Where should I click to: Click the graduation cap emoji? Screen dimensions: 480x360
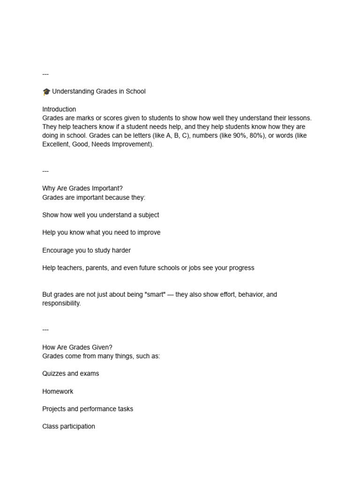(x=46, y=91)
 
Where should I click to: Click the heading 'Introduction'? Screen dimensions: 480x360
(x=59, y=109)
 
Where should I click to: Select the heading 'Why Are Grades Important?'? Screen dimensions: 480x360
(x=82, y=188)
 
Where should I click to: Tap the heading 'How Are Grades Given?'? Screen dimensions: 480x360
(x=77, y=347)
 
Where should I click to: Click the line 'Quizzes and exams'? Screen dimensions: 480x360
(x=71, y=374)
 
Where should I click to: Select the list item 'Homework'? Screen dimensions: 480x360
(x=58, y=391)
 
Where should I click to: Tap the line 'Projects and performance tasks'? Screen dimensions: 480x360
(x=88, y=409)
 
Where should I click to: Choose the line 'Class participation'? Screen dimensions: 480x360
(x=68, y=427)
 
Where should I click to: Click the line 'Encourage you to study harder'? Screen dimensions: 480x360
(x=86, y=250)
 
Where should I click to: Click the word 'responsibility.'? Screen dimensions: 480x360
(x=61, y=303)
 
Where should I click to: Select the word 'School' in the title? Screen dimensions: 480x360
(x=135, y=91)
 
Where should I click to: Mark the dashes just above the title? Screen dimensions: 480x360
(x=45, y=74)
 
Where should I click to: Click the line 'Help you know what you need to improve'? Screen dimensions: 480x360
(x=101, y=232)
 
